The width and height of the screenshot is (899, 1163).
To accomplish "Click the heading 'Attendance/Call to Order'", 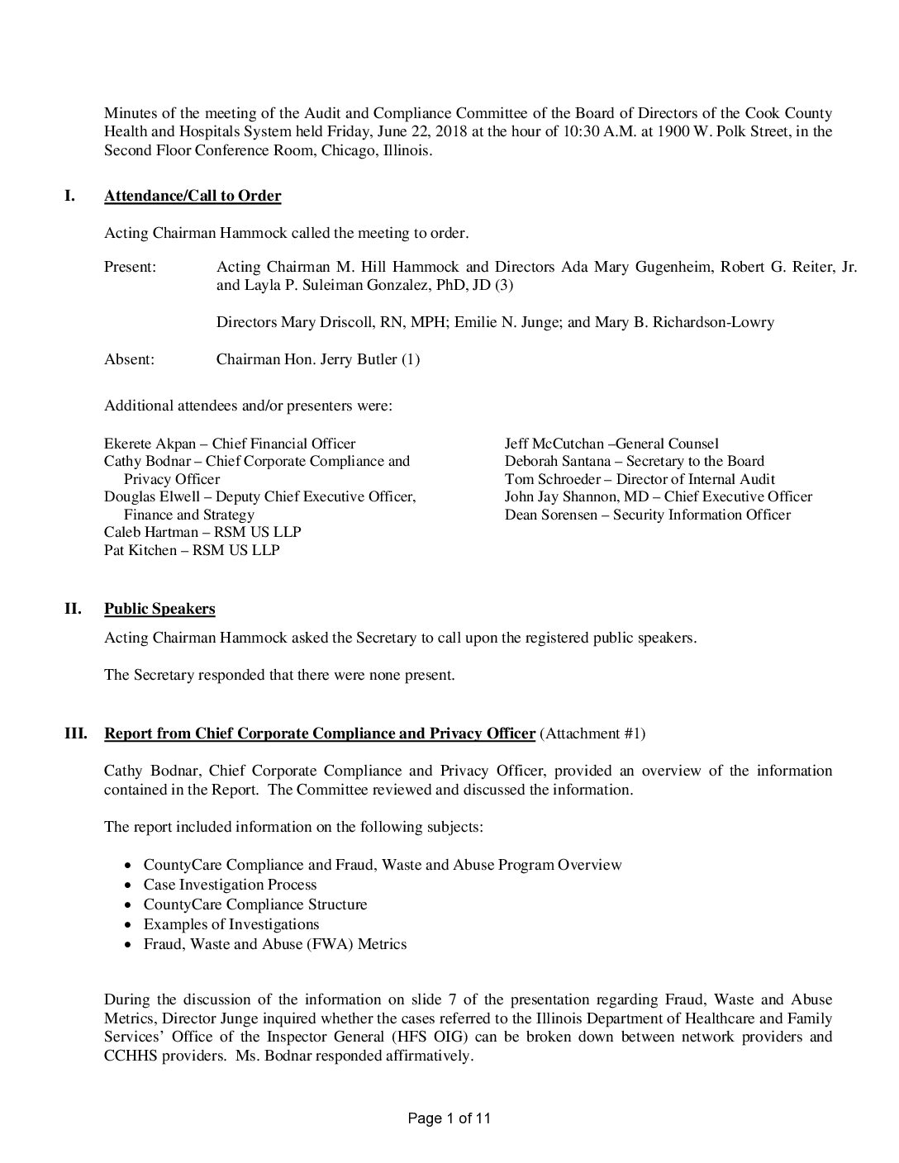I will pyautogui.click(x=193, y=196).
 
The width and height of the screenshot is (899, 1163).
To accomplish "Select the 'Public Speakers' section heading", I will pyautogui.click(x=159, y=609).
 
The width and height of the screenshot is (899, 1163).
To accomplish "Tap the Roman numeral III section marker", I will pyautogui.click(x=76, y=733).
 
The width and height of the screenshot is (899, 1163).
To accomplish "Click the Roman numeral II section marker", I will pyautogui.click(x=73, y=609).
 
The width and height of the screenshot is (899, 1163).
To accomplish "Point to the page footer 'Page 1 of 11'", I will pyautogui.click(x=449, y=1118).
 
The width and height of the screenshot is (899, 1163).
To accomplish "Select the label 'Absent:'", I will pyautogui.click(x=129, y=359).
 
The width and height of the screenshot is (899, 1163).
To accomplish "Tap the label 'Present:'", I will pyautogui.click(x=131, y=267).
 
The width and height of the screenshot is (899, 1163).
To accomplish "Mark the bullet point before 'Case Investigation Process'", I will pyautogui.click(x=126, y=885).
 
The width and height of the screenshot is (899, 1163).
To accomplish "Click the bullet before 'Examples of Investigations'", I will pyautogui.click(x=126, y=925).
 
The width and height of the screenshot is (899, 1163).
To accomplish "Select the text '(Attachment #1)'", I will pyautogui.click(x=592, y=733).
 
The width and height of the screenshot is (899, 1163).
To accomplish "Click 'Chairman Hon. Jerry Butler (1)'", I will pyautogui.click(x=318, y=359).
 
